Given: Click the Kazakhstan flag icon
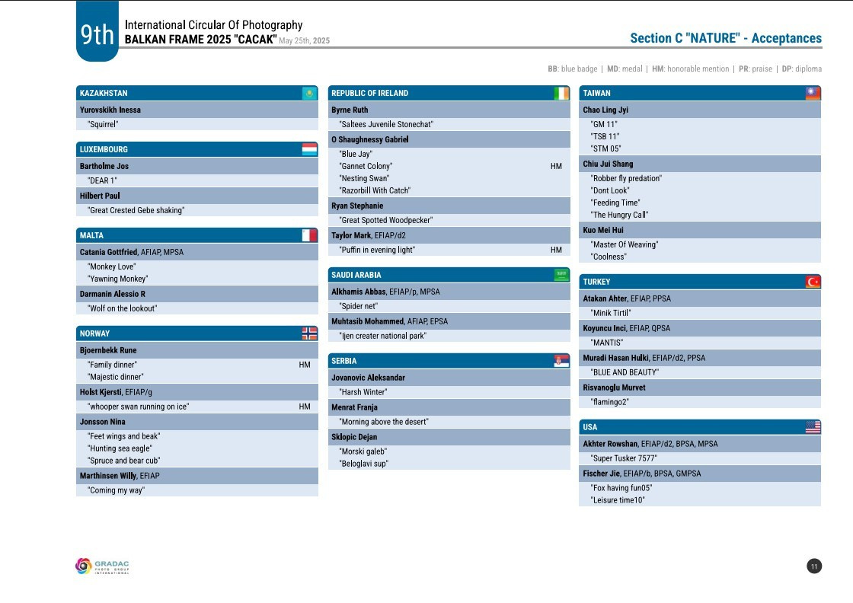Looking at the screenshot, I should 309,94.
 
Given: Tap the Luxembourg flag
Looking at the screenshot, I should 309,149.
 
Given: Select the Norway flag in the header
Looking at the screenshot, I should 309,333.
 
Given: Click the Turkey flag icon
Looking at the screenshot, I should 813,282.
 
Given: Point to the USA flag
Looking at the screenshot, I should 813,427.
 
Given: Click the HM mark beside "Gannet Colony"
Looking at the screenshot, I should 556,166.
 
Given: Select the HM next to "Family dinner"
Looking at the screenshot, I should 305,365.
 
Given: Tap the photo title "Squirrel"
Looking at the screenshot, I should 103,124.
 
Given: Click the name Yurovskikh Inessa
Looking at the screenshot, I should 110,110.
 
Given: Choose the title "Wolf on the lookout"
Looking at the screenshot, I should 123,308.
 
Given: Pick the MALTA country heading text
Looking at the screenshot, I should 91,236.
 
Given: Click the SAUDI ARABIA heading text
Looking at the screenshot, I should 356,275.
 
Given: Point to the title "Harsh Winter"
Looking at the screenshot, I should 363,392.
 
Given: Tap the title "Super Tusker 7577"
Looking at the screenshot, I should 624,458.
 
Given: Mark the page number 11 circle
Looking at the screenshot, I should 814,566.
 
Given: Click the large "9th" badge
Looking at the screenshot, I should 97,35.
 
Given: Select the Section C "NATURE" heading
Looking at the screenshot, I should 726,39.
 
